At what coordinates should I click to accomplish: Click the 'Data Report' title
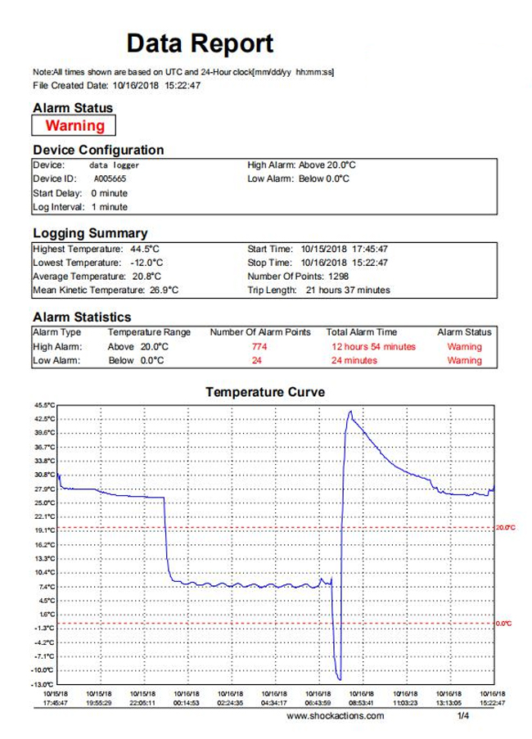pyautogui.click(x=200, y=43)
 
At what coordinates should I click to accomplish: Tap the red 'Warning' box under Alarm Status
pyautogui.click(x=74, y=125)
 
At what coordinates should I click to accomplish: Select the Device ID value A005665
pyautogui.click(x=110, y=178)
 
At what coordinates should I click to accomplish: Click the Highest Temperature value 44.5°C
pyautogui.click(x=145, y=249)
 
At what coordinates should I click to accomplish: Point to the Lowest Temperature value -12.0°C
pyautogui.click(x=147, y=263)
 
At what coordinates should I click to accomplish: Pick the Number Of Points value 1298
pyautogui.click(x=338, y=276)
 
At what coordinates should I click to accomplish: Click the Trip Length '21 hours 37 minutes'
pyautogui.click(x=348, y=290)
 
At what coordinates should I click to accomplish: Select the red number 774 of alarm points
pyautogui.click(x=259, y=346)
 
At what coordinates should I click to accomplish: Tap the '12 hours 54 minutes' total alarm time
pyautogui.click(x=374, y=346)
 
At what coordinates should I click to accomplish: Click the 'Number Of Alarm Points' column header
pyautogui.click(x=260, y=331)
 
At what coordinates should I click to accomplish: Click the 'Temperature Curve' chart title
pyautogui.click(x=265, y=392)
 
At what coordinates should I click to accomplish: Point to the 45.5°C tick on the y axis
pyautogui.click(x=44, y=405)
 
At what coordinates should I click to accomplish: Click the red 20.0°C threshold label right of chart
pyautogui.click(x=506, y=527)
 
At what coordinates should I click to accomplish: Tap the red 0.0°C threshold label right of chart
pyautogui.click(x=503, y=624)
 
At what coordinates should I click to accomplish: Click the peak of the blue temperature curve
pyautogui.click(x=350, y=412)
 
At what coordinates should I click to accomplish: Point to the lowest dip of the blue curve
pyautogui.click(x=340, y=679)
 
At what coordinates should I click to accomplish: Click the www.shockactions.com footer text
pyautogui.click(x=335, y=716)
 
